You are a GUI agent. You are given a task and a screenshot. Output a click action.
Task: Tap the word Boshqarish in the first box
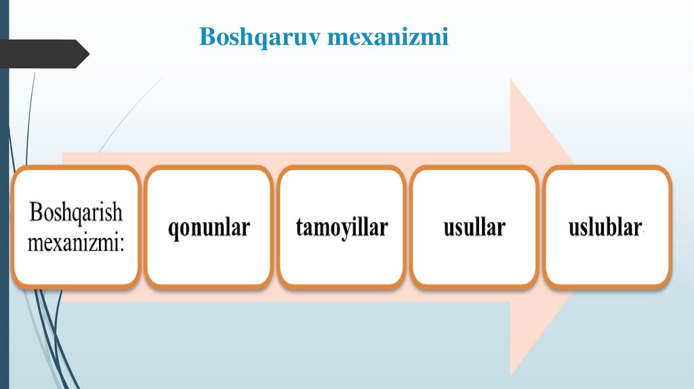coord(76,213)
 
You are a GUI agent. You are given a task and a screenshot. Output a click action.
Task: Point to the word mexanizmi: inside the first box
coord(76,242)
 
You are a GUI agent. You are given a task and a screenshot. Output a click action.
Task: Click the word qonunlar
coord(209,228)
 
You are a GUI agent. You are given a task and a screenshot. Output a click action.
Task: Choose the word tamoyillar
coord(342,228)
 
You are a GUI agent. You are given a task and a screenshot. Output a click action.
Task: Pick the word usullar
coord(474,228)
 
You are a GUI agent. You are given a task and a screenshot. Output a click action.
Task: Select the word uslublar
coord(605,228)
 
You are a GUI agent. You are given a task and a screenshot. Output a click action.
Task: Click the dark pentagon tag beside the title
coord(41,54)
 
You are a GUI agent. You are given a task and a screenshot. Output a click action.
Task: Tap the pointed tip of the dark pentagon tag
coord(89,54)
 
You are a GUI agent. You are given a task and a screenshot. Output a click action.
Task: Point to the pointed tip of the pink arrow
coord(588,227)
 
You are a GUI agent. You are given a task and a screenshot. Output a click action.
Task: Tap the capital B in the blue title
coord(206,37)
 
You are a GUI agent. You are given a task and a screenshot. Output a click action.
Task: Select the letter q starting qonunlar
coord(174,230)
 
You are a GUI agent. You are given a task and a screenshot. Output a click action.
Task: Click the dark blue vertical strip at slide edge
coord(4,203)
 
